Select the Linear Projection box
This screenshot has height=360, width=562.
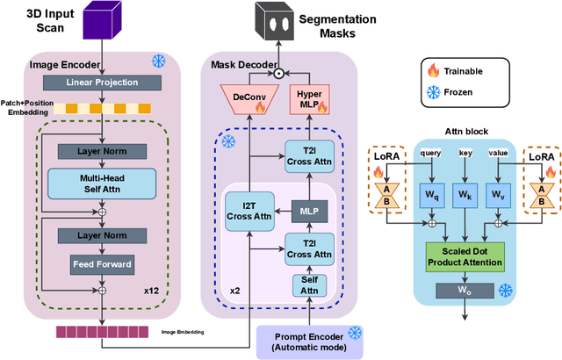click(x=103, y=82)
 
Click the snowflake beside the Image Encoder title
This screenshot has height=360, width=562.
click(x=159, y=61)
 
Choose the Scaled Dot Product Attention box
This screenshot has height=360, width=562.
click(x=465, y=256)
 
